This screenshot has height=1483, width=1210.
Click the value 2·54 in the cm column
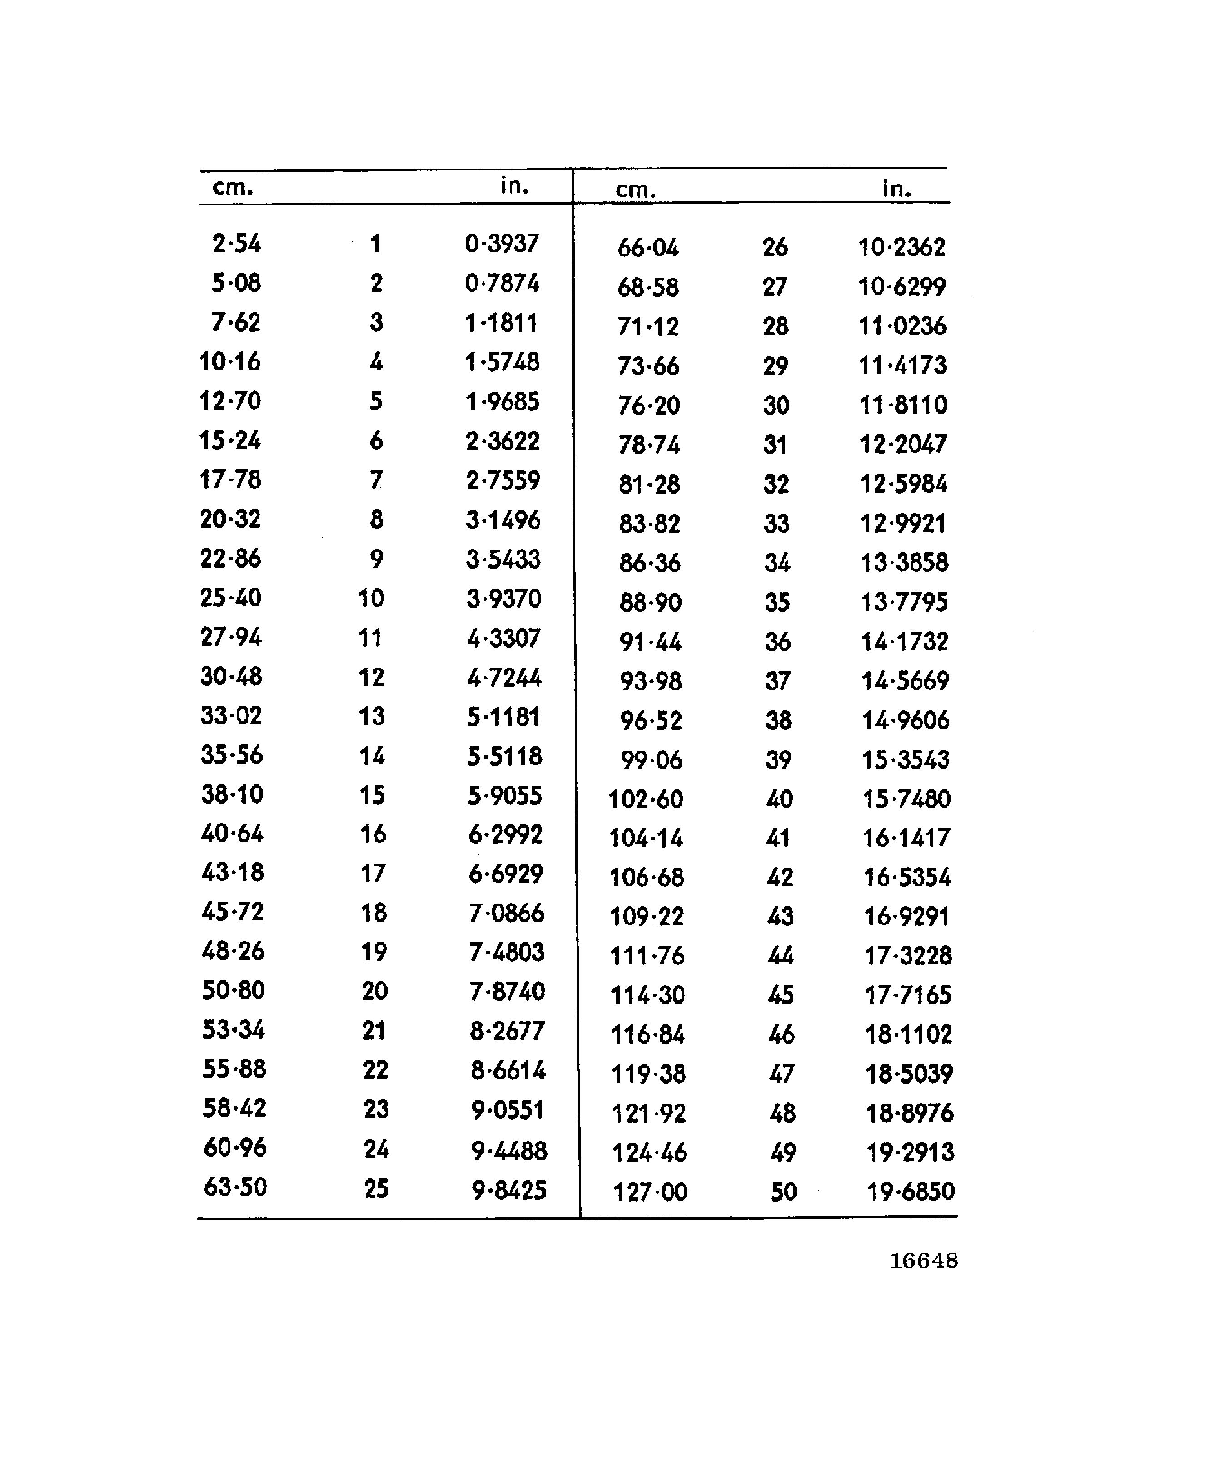236,243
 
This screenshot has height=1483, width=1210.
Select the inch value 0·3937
502,243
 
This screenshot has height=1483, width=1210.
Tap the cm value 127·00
650,1192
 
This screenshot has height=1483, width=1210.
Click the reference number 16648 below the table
924,1261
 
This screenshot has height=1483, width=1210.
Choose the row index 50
783,1192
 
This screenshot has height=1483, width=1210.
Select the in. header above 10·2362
896,188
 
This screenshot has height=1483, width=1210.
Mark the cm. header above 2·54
233,188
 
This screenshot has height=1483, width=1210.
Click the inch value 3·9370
504,598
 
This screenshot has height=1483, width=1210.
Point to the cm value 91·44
650,641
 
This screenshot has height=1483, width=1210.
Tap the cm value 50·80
233,990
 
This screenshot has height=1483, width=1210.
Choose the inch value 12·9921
903,523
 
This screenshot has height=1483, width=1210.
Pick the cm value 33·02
231,715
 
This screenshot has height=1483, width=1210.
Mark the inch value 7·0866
506,913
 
